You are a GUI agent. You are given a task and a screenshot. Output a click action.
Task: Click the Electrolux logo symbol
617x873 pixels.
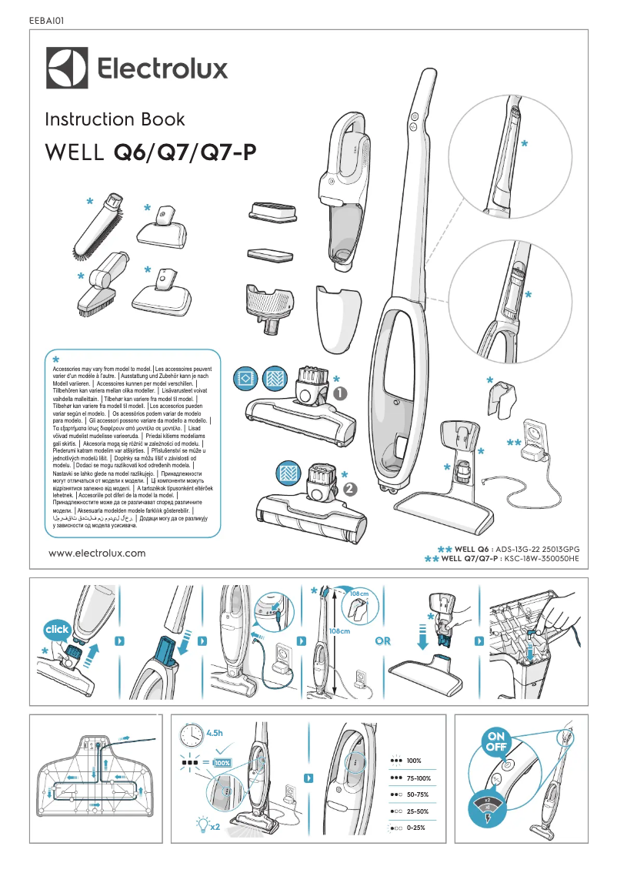coord(67,69)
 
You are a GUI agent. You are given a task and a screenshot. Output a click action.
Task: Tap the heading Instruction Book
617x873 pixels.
coord(115,119)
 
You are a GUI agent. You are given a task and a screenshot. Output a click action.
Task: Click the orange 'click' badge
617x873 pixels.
coord(57,629)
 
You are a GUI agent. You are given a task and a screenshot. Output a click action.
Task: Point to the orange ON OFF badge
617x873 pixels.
coord(495,740)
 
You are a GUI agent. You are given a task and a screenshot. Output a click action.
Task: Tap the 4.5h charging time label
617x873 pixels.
coord(216,732)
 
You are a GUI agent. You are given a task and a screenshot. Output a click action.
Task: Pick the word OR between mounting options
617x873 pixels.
coord(382,641)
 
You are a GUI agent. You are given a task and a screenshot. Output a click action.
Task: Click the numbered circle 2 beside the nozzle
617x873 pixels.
coord(351,488)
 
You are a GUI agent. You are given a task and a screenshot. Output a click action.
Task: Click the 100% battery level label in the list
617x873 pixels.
coord(414,760)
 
